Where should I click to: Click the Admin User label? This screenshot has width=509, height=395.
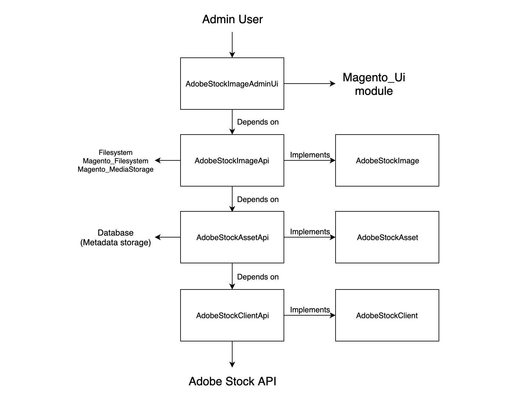(232, 19)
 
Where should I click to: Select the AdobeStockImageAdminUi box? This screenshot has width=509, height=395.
(232, 84)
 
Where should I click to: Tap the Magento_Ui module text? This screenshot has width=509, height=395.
(374, 84)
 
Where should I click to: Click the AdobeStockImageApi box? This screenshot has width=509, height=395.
(232, 160)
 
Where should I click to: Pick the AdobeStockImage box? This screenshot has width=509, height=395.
(387, 160)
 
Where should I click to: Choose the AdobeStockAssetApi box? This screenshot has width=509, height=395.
(232, 237)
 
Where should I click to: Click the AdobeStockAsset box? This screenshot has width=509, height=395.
(387, 237)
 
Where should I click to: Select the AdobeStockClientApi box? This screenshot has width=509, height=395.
(232, 315)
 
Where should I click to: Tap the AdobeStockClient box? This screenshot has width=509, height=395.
(387, 315)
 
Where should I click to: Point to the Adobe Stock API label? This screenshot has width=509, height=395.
(232, 381)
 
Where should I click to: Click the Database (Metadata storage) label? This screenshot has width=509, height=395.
(115, 238)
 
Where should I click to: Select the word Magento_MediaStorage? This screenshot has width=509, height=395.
(115, 169)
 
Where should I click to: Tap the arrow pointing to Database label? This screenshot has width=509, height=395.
(167, 237)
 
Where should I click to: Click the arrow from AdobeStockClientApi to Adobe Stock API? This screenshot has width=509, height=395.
(232, 354)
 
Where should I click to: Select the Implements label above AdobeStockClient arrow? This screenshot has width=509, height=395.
(310, 309)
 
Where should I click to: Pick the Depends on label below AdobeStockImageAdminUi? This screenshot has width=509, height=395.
(257, 122)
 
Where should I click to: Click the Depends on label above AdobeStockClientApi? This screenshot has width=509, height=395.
(257, 277)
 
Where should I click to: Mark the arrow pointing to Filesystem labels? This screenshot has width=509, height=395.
(167, 160)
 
